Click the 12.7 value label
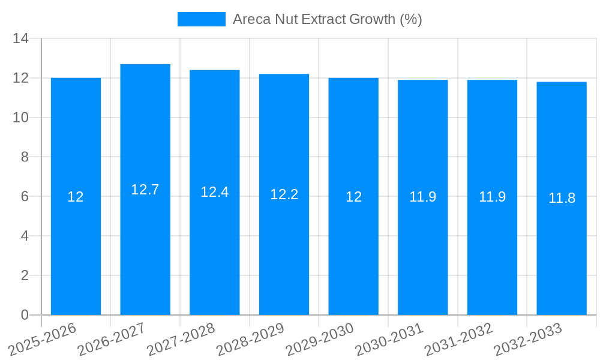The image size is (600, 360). pyautogui.click(x=145, y=190)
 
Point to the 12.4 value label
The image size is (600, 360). pyautogui.click(x=215, y=192)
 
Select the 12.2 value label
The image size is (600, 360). pyautogui.click(x=284, y=194)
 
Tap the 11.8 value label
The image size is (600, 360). pyautogui.click(x=562, y=198)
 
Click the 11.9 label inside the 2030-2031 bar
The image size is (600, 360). pyautogui.click(x=423, y=197)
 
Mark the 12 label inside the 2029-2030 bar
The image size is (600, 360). pyautogui.click(x=353, y=197)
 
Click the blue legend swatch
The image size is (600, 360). pyautogui.click(x=201, y=19)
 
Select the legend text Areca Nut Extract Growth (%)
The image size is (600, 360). pyautogui.click(x=327, y=19)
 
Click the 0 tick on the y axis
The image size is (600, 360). pyautogui.click(x=25, y=315)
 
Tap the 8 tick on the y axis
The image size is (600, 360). pyautogui.click(x=25, y=157)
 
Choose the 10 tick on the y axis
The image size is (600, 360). pyautogui.click(x=21, y=118)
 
